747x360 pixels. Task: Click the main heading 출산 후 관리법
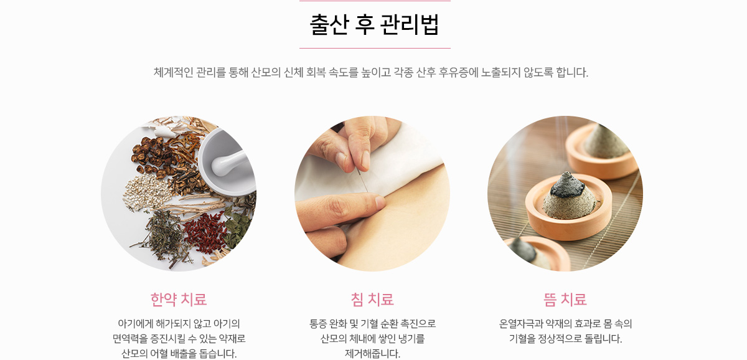(x=374, y=24)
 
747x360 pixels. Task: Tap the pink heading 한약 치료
(x=179, y=300)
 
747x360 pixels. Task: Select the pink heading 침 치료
(x=372, y=300)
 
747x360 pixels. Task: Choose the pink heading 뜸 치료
(x=565, y=300)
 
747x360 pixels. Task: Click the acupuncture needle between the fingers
(x=362, y=180)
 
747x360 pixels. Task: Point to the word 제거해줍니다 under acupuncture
(x=372, y=353)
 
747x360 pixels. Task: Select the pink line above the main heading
(x=375, y=1)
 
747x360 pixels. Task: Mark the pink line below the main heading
(x=375, y=48)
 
